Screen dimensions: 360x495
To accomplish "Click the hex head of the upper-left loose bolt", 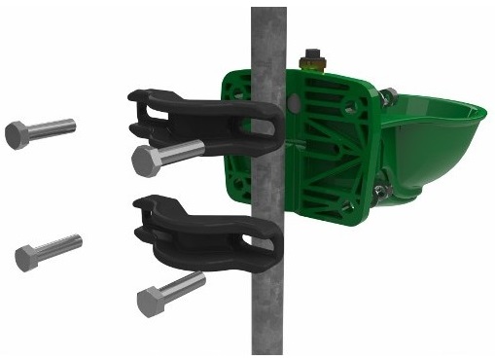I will pyautogui.click(x=18, y=134).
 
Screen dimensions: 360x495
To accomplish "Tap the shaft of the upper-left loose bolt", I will pyautogui.click(x=53, y=126).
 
